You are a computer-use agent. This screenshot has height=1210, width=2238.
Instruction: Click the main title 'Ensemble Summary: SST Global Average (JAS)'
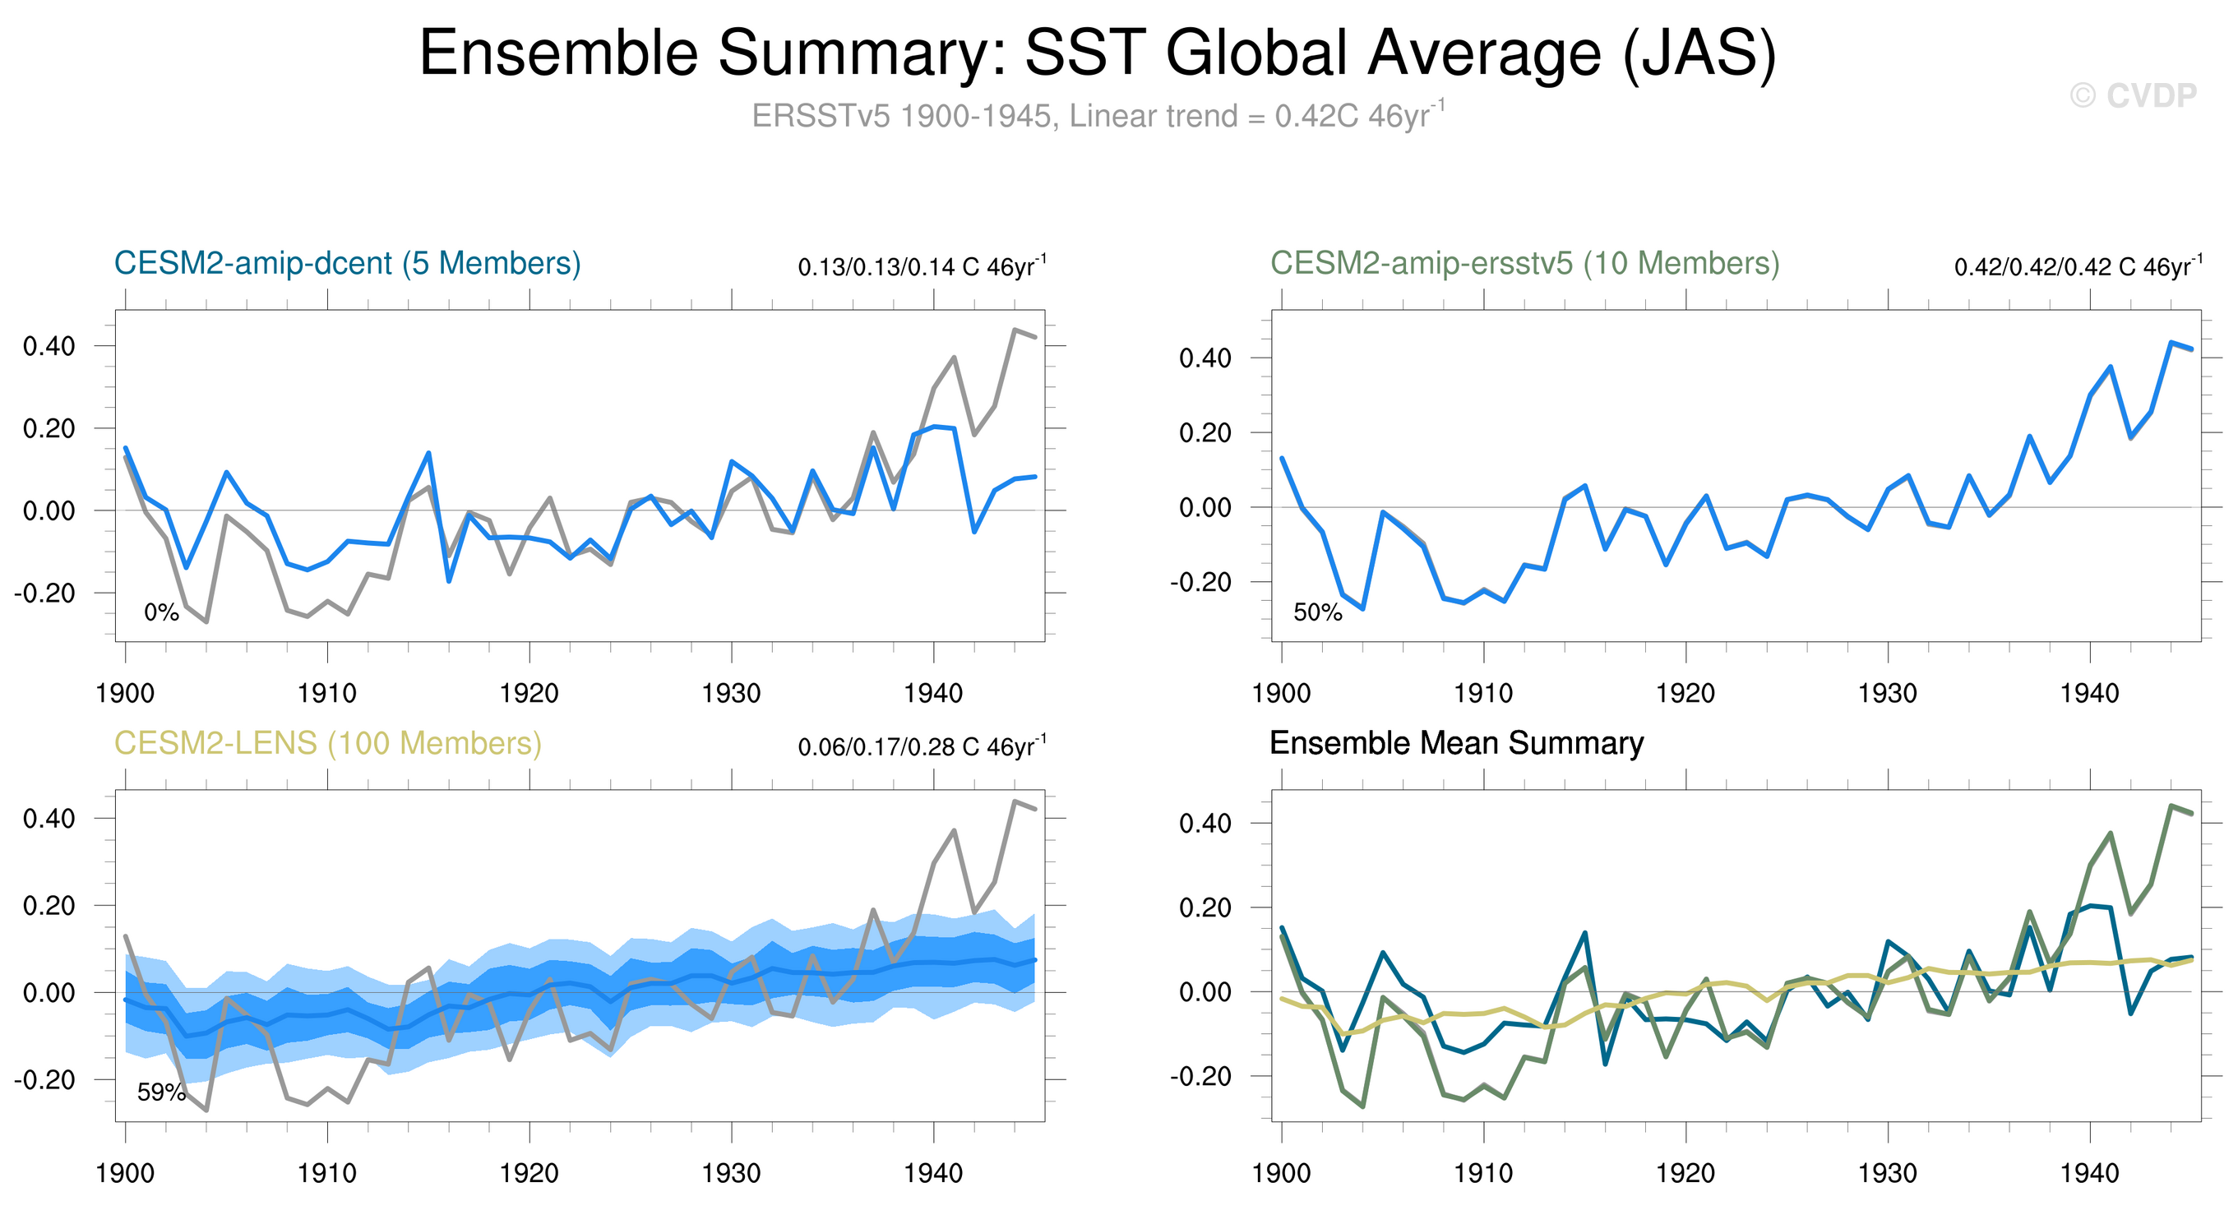(x=1098, y=54)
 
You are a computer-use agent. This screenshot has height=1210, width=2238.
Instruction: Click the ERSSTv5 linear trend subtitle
(x=1098, y=116)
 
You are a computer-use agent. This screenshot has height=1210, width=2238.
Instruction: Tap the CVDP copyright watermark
(x=2133, y=95)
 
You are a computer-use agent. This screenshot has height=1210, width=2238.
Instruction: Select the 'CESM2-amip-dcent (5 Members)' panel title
(x=348, y=263)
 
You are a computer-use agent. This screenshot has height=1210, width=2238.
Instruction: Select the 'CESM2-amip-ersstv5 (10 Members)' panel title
(x=1524, y=263)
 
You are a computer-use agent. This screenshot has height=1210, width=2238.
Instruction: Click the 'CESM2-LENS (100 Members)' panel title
(x=328, y=744)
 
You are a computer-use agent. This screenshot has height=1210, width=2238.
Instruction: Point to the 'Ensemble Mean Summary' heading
(x=1456, y=744)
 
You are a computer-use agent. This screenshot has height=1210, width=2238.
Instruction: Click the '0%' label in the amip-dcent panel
(x=162, y=613)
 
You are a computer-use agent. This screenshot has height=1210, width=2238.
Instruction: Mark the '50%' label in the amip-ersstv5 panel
(x=1317, y=613)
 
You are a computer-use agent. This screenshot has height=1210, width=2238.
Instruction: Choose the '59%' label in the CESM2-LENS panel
(x=162, y=1092)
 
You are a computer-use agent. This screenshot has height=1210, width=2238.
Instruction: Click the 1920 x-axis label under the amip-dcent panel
(x=529, y=693)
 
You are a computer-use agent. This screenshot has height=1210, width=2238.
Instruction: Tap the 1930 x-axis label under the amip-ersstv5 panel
(x=1887, y=693)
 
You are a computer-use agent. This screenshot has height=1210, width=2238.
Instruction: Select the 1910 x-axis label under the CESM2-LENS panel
(x=326, y=1174)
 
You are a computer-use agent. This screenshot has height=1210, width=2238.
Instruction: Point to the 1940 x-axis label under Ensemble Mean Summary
(x=2089, y=1174)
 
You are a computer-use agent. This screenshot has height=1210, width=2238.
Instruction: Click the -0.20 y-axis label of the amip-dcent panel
(x=44, y=593)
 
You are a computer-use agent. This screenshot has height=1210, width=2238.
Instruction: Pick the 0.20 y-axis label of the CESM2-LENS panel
(x=49, y=906)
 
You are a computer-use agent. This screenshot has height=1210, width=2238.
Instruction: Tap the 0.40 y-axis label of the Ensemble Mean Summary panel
(x=1205, y=824)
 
